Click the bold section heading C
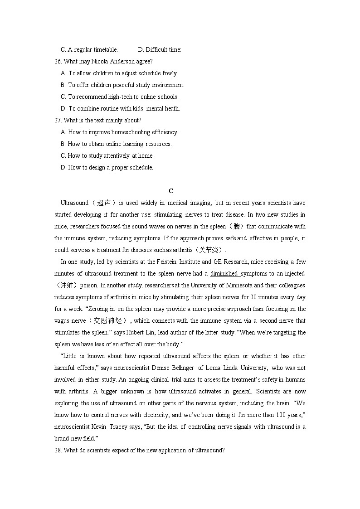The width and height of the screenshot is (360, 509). click(x=171, y=191)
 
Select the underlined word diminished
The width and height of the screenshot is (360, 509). click(x=224, y=274)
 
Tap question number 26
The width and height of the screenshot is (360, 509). click(x=58, y=62)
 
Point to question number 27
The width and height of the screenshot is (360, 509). click(x=58, y=121)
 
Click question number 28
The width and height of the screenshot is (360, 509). click(x=58, y=451)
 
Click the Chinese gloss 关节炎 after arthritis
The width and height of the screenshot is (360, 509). click(x=209, y=250)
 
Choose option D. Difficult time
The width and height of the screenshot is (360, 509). click(x=159, y=50)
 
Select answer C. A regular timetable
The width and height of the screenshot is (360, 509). click(x=89, y=50)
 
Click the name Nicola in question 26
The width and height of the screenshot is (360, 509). click(x=100, y=62)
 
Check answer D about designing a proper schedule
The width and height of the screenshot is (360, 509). click(x=107, y=168)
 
